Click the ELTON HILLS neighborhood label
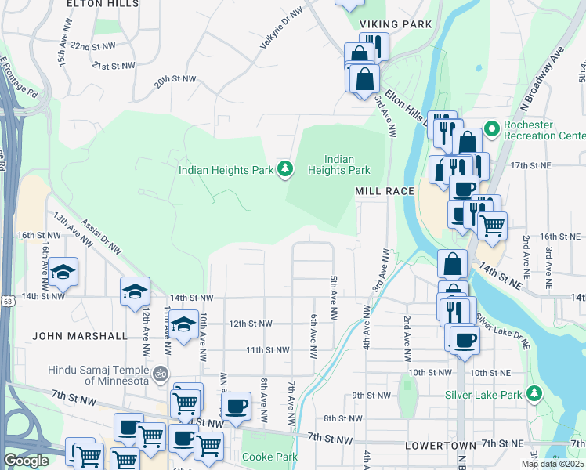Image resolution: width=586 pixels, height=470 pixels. tap(103, 4)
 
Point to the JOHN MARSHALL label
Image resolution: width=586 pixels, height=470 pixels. tap(80, 335)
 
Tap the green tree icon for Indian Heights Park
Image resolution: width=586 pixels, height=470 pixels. tap(287, 168)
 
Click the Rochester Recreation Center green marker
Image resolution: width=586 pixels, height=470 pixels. tap(491, 127)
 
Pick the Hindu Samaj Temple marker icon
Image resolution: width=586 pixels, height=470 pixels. tap(161, 373)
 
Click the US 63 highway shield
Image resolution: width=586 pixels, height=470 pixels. tap(7, 300)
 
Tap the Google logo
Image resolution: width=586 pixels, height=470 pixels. tap(26, 461)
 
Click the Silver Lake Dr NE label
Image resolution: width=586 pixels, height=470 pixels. tap(503, 332)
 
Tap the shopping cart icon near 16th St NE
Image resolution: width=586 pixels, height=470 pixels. tap(492, 226)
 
